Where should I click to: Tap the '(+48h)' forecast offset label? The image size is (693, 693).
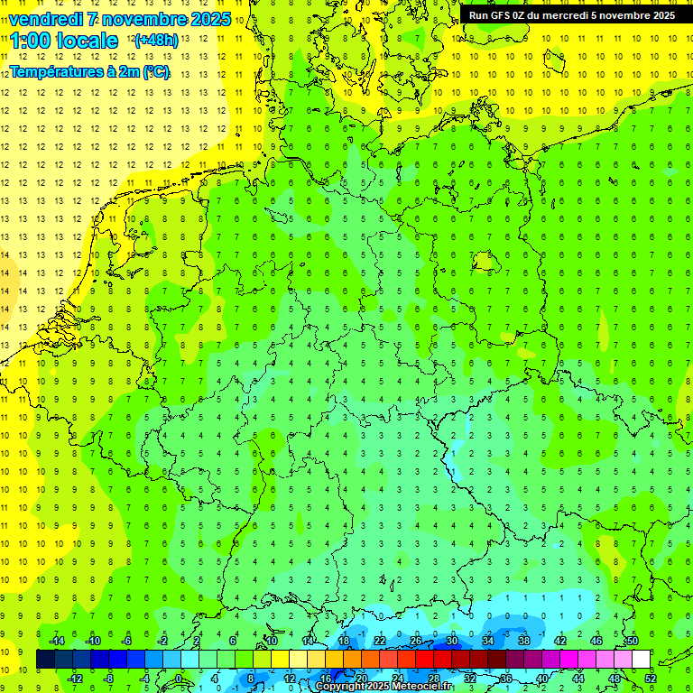point(155,40)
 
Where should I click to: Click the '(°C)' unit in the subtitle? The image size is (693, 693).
point(155,71)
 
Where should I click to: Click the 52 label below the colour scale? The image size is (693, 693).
point(651,679)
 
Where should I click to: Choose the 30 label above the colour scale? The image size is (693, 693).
point(451,641)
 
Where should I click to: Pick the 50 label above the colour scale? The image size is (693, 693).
point(633,641)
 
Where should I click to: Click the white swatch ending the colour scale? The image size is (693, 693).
point(641,660)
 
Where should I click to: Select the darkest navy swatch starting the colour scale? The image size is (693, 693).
point(45,660)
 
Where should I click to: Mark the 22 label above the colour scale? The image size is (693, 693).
point(380,641)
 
